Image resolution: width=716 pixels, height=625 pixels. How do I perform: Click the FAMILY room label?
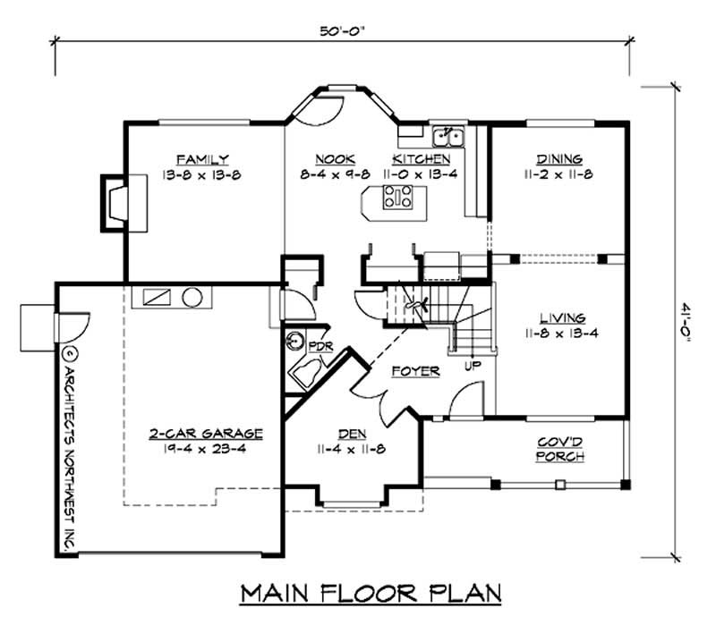tap(202, 160)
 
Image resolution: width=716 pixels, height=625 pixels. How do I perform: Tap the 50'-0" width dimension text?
tap(343, 31)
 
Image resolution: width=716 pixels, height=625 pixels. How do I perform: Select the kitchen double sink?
tap(448, 137)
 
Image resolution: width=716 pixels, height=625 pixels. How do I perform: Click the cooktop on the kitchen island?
tap(397, 197)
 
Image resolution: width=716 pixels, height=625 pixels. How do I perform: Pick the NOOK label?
tap(335, 159)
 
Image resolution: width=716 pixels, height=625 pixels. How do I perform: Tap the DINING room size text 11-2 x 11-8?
tap(558, 174)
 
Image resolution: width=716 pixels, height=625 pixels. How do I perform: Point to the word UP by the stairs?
tap(473, 365)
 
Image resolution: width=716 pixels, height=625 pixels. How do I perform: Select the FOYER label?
tap(415, 371)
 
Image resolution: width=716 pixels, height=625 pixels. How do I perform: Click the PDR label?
tap(321, 347)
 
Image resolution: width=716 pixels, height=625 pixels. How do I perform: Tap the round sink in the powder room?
tap(295, 342)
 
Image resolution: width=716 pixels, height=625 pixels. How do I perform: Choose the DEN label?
tap(352, 434)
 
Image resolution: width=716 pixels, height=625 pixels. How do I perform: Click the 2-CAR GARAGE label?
tap(207, 434)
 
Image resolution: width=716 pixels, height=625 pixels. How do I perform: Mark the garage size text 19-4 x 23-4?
tap(205, 449)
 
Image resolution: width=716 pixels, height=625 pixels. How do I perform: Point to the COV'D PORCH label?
tap(560, 450)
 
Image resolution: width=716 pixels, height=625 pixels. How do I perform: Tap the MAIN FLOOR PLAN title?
tap(371, 593)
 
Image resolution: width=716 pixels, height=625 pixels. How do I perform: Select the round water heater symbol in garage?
tap(192, 298)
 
